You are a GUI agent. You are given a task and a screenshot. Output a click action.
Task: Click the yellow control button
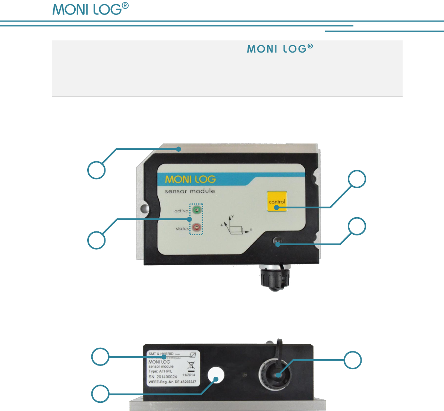point(277,201)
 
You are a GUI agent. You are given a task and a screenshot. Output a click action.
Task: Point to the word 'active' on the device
point(181,211)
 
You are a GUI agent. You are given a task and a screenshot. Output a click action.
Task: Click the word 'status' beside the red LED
point(182,228)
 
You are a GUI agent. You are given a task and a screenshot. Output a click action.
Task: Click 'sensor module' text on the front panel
point(190,191)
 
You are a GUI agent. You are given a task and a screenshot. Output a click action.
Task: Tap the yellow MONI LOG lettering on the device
point(190,179)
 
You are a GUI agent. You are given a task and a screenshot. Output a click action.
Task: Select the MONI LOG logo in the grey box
point(280,49)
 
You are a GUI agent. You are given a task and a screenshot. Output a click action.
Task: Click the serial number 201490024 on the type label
point(163,377)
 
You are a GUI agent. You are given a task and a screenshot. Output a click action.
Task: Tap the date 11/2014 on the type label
point(188,375)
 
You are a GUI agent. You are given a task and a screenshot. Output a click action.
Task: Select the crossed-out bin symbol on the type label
point(191,366)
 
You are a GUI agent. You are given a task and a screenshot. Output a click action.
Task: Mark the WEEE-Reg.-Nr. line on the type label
point(172,382)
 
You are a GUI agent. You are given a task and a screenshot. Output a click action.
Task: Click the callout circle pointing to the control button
point(357,180)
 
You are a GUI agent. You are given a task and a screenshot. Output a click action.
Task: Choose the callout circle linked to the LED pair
point(96,240)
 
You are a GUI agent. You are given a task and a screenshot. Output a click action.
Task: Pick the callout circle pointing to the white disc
point(101,394)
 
